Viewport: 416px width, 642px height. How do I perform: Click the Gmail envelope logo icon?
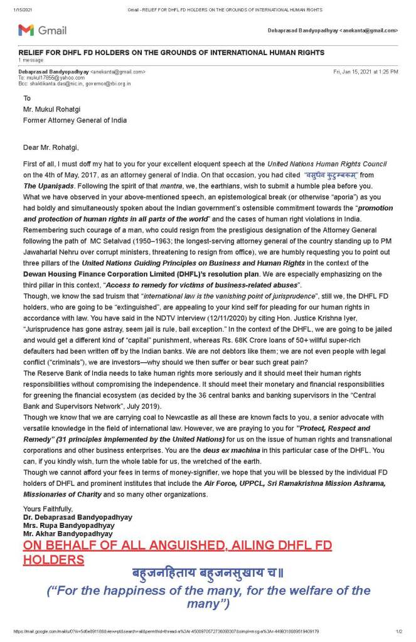(26, 30)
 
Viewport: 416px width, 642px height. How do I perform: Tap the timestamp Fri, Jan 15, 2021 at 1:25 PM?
(365, 71)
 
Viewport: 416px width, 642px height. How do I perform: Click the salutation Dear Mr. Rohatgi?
(51, 147)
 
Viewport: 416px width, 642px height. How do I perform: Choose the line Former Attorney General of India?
(75, 120)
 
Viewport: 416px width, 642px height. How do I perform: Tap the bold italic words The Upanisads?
(50, 186)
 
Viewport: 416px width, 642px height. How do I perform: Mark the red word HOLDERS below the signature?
(53, 559)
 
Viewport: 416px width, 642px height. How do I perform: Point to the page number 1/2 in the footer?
(399, 631)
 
